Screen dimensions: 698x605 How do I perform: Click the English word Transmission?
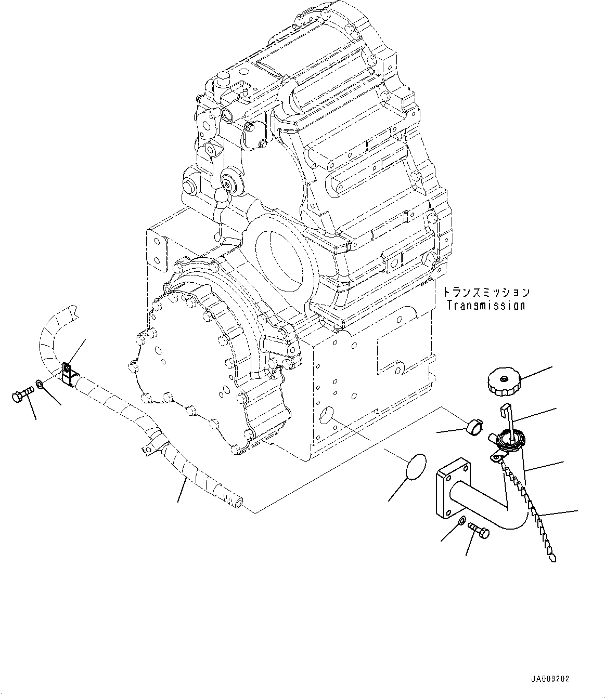tap(485, 306)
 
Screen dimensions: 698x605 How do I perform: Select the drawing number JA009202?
tap(550, 679)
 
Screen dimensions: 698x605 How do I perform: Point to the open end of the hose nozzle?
tap(238, 502)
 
